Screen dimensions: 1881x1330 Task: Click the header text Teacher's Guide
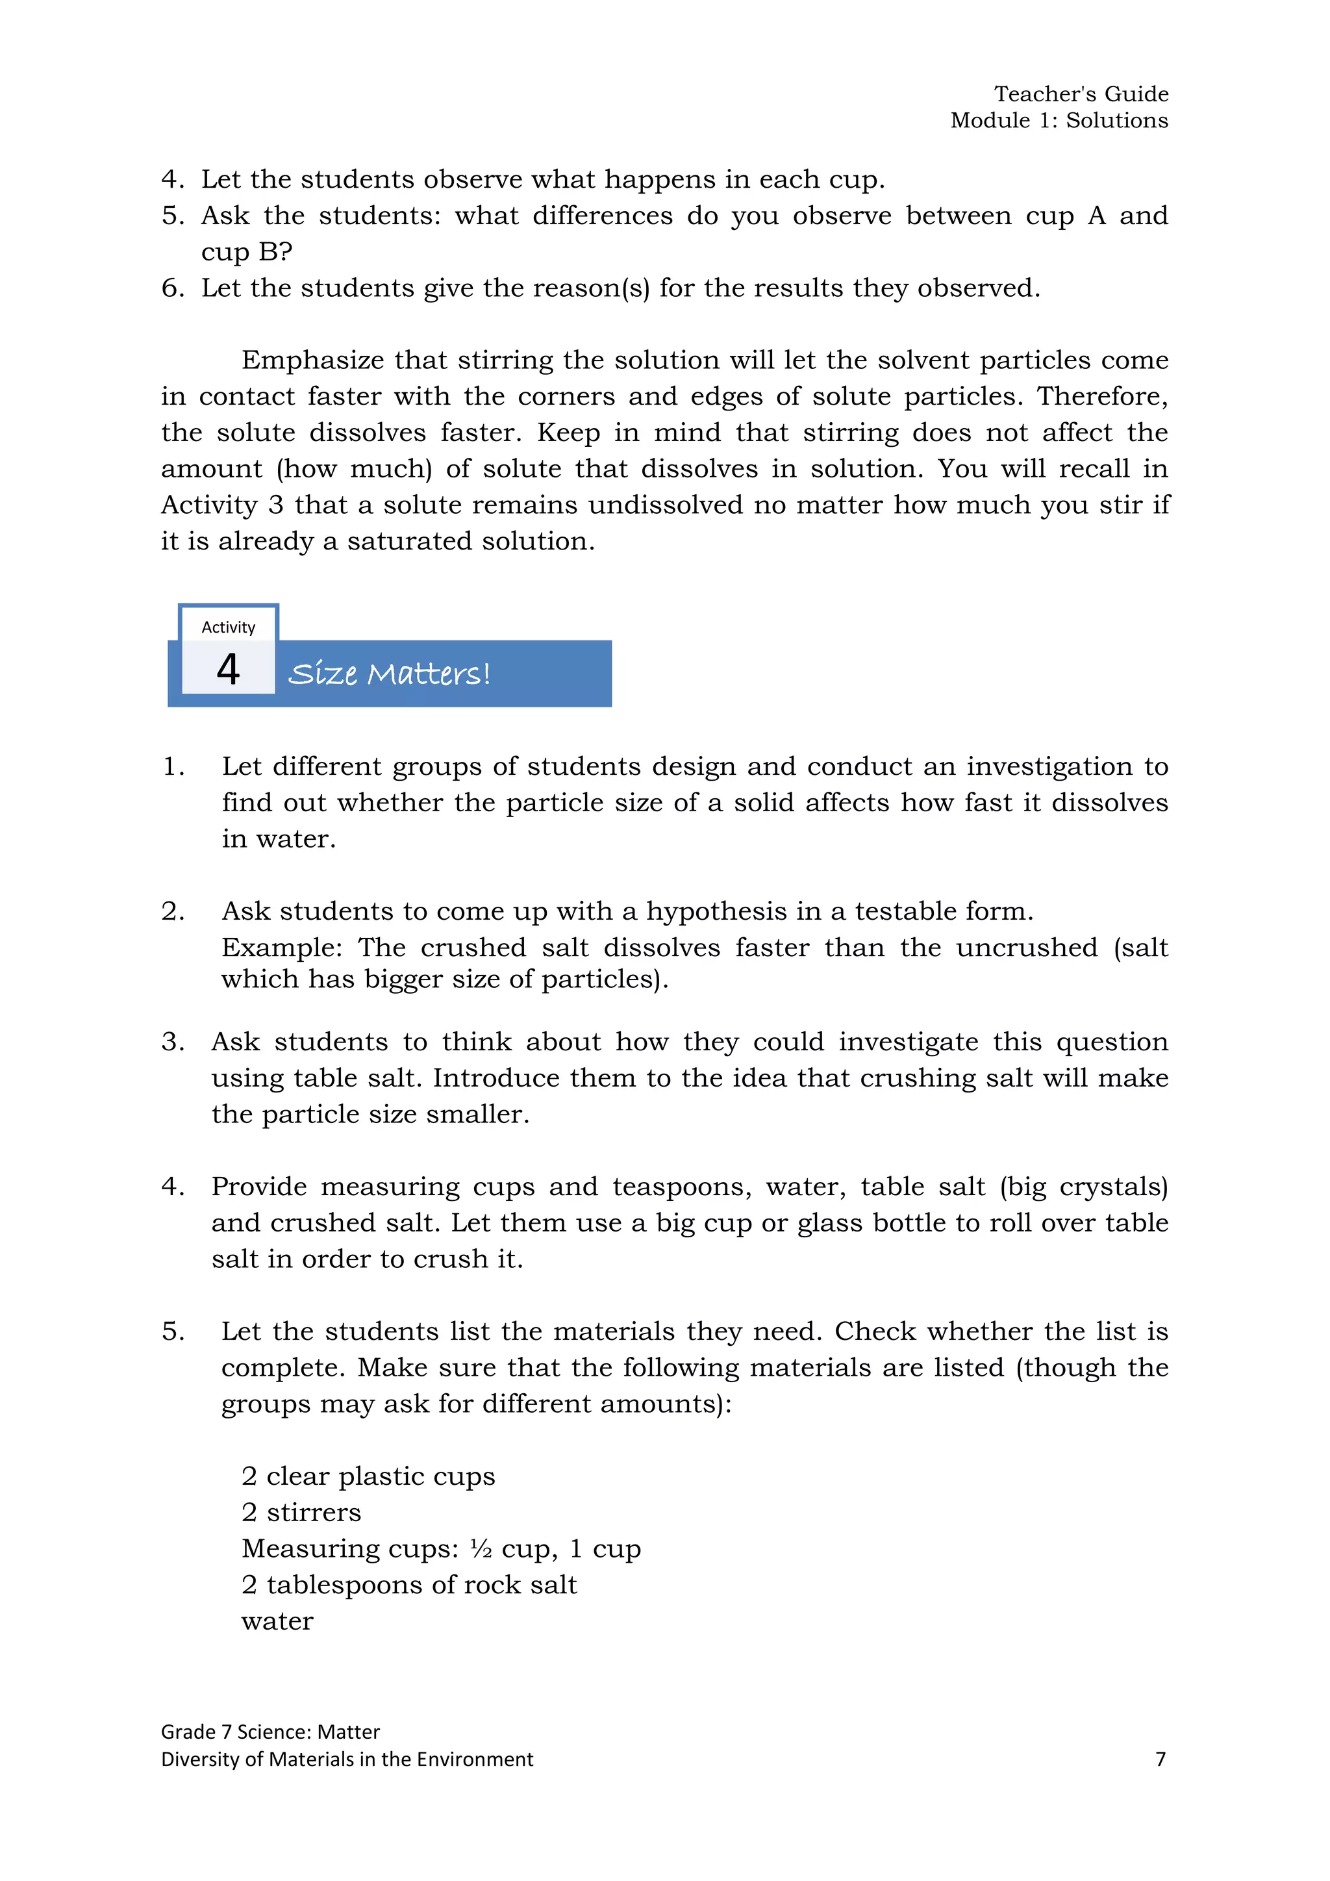[x=1081, y=94]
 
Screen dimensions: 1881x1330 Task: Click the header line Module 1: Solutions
[x=1059, y=120]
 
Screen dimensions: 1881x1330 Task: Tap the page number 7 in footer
[x=1160, y=1759]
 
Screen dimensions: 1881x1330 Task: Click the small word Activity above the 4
[x=228, y=627]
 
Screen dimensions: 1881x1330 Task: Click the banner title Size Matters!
[x=389, y=674]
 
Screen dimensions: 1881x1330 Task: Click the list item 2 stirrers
[x=301, y=1511]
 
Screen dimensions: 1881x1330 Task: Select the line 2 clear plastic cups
[x=368, y=1476]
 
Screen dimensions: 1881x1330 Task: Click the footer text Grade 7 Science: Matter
[x=270, y=1731]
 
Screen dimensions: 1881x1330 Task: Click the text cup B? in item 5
[x=247, y=251]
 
